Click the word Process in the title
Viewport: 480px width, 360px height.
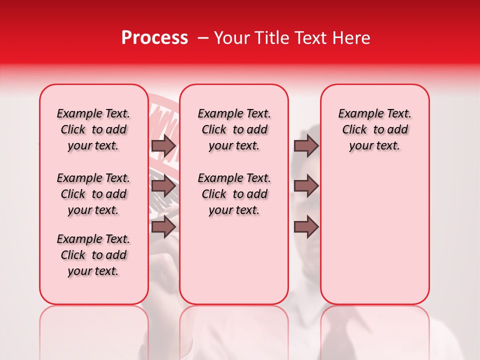(154, 38)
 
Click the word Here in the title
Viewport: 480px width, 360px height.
(352, 38)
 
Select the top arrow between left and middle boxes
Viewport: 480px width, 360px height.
(163, 146)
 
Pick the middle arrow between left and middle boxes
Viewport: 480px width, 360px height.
(163, 186)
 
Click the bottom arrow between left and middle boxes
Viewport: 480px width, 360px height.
(163, 226)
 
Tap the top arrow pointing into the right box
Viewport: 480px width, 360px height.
(306, 146)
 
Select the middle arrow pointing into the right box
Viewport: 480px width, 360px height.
(306, 186)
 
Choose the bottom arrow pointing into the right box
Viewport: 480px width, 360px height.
(306, 226)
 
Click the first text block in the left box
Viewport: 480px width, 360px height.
(93, 129)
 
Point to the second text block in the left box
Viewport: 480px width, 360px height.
(93, 194)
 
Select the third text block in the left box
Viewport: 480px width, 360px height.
(93, 255)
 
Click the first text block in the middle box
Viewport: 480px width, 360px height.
(234, 129)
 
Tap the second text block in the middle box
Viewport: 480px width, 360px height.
(234, 194)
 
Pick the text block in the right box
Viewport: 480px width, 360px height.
(375, 129)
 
